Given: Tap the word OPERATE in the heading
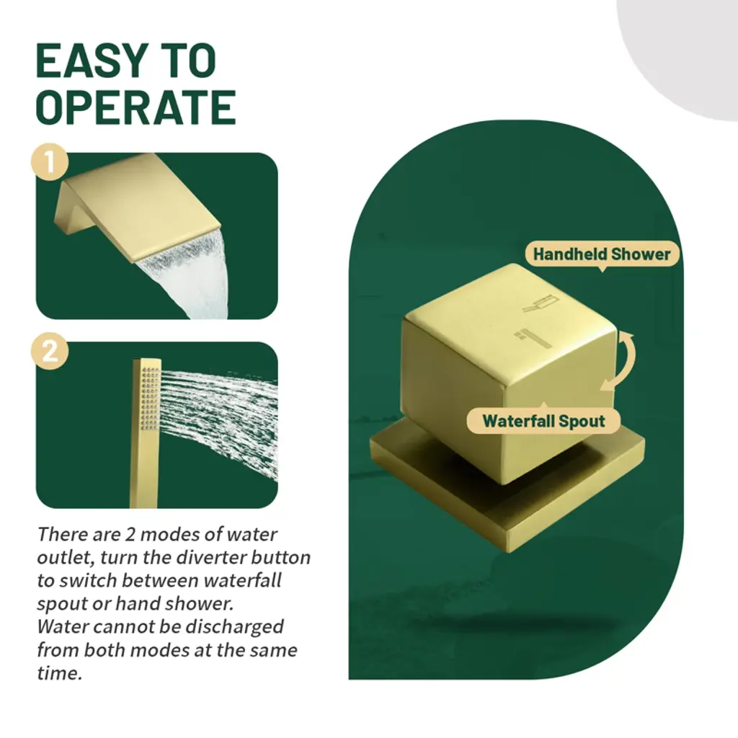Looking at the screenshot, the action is point(135,107).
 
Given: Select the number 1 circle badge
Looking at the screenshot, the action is point(50,162).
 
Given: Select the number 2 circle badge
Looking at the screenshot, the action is point(50,351).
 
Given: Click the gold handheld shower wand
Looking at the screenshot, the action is point(146,433).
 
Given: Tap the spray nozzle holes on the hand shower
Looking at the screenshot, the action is point(151,399).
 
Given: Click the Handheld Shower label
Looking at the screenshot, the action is point(602,254).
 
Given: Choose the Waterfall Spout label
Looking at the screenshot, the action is point(543,421).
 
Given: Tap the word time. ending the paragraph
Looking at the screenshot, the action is point(59,674).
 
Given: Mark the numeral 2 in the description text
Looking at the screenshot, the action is point(130,535).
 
